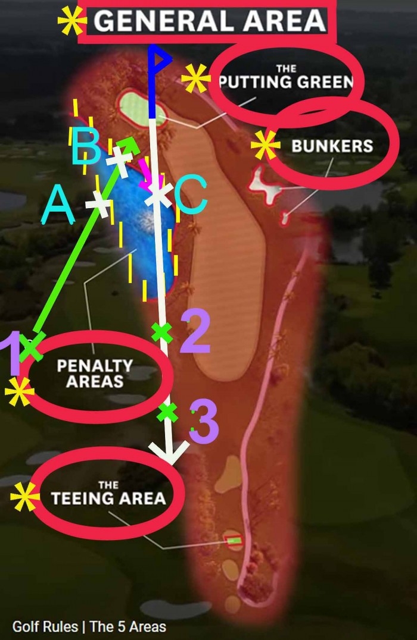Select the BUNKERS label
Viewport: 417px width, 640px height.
pos(332,146)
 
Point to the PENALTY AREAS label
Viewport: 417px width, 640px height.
pos(95,373)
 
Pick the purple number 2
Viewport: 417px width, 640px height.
pos(194,331)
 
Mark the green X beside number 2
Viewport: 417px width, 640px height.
pos(162,332)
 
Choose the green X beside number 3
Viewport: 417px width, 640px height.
pos(168,412)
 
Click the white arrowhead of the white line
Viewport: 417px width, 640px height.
pos(172,456)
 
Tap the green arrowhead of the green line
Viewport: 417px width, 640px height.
pos(130,143)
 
